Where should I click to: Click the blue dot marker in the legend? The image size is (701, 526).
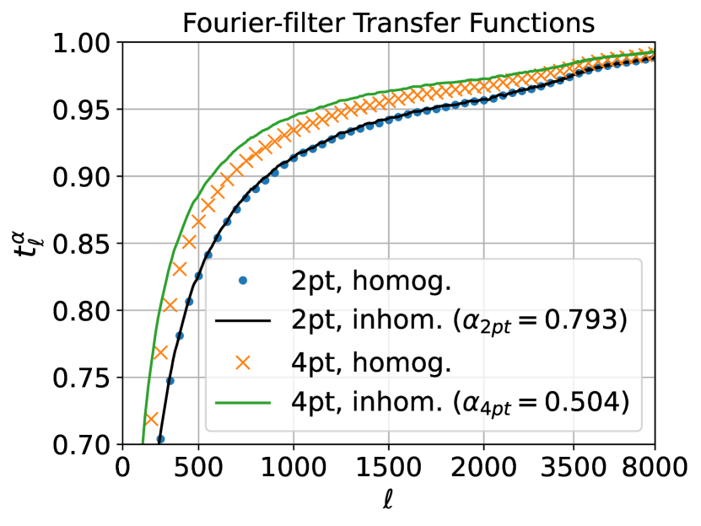point(243,282)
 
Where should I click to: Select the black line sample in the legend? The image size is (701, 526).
point(243,321)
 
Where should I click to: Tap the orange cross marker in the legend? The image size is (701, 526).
point(243,362)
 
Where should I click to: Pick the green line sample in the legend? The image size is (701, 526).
point(243,403)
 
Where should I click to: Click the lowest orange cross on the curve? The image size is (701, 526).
point(152,419)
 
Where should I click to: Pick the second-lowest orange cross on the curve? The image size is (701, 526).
point(160,352)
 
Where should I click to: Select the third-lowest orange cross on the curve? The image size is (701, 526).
point(170,305)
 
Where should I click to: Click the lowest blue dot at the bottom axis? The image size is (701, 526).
point(160,438)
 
